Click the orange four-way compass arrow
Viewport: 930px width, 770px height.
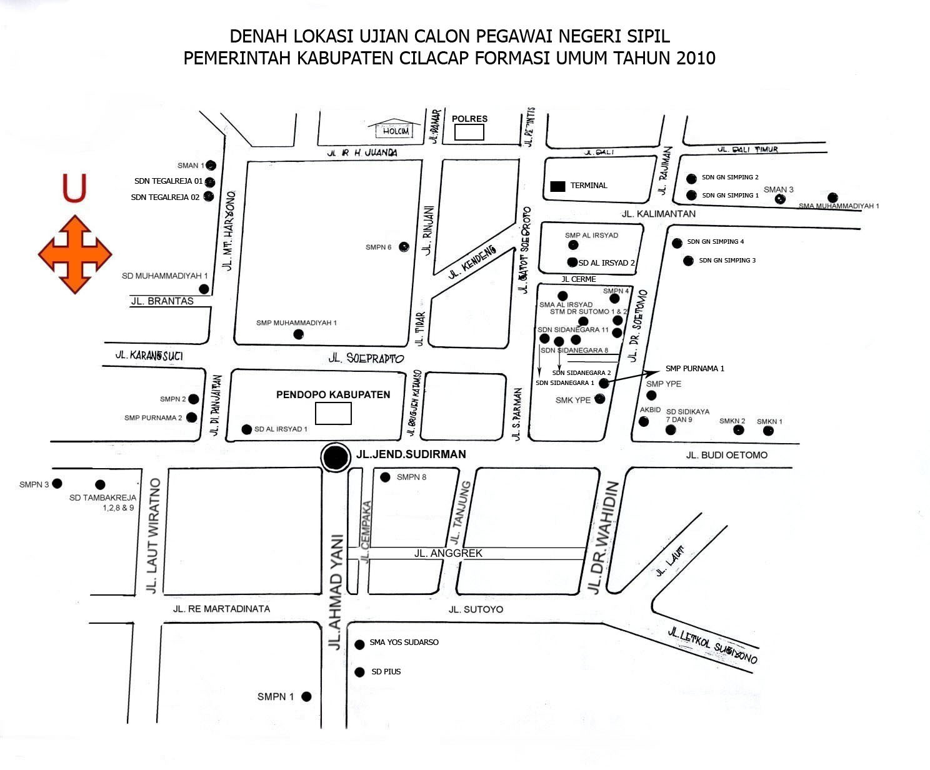click(75, 254)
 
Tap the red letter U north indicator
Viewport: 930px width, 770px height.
click(74, 189)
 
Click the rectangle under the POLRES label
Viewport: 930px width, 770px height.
click(469, 132)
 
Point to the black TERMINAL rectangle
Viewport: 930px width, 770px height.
click(557, 186)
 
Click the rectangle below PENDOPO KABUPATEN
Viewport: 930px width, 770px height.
click(333, 413)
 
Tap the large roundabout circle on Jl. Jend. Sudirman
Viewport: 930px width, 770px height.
click(336, 457)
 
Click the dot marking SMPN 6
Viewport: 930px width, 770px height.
click(404, 247)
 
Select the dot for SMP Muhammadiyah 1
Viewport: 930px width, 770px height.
click(298, 334)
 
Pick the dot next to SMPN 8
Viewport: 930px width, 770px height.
click(386, 477)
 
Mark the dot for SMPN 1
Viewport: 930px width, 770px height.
click(306, 696)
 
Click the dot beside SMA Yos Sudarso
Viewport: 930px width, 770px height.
click(359, 644)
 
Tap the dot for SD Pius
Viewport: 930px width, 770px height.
click(359, 672)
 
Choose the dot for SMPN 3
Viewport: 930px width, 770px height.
click(57, 483)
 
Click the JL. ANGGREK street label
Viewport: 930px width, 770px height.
click(448, 553)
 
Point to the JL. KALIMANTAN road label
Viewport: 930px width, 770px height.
click(658, 214)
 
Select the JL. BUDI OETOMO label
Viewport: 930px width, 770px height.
click(726, 455)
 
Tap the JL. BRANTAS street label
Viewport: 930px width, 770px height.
click(162, 301)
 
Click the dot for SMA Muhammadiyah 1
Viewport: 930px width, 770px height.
click(832, 197)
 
